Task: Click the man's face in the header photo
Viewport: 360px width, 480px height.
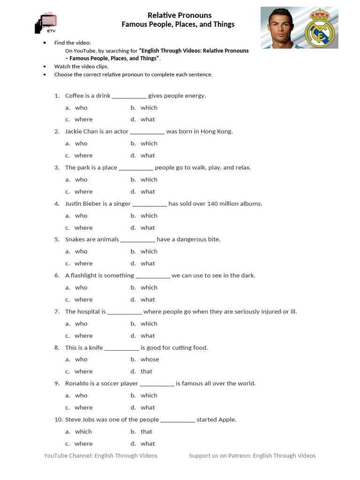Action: (x=281, y=26)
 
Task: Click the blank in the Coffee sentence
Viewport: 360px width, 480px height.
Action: (x=129, y=96)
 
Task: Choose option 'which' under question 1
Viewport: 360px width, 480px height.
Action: (x=149, y=108)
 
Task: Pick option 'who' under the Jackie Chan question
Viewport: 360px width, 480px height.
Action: (x=81, y=143)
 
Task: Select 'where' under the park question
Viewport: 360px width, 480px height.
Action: (x=83, y=192)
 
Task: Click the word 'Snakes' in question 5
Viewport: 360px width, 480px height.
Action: (x=75, y=240)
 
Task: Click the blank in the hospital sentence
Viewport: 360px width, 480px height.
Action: (x=125, y=312)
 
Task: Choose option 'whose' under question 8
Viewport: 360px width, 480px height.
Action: (x=150, y=360)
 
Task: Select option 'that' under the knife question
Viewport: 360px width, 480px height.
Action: (x=147, y=371)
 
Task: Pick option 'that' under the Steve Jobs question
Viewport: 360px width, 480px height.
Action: (x=147, y=432)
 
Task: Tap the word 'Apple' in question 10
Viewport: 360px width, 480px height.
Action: (x=227, y=420)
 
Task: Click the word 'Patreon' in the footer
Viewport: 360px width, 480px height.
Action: (x=239, y=456)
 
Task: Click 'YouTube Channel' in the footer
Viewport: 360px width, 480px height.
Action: (x=67, y=456)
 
